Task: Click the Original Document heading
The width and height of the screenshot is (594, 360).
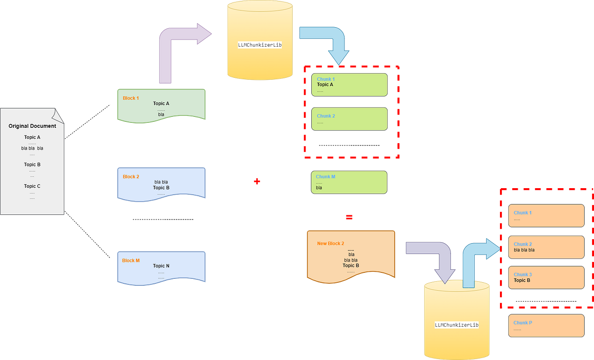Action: point(32,126)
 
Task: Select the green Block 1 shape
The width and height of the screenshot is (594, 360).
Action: point(161,104)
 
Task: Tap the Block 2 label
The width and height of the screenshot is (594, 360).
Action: point(131,177)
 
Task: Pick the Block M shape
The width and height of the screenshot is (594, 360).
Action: point(161,267)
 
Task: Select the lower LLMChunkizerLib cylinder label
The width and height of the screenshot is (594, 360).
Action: point(456,325)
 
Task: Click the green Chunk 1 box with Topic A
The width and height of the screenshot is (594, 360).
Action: point(349,85)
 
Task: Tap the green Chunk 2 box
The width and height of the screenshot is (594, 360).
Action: point(349,119)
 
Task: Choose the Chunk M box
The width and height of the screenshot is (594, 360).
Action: point(349,182)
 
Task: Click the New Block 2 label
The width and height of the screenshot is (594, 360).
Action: point(331,244)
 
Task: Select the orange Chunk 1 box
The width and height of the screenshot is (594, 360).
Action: point(546,215)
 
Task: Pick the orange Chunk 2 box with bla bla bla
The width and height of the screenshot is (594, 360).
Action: point(546,247)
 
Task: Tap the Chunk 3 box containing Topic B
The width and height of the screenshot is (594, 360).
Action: point(546,278)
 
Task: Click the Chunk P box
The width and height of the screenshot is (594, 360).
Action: point(546,325)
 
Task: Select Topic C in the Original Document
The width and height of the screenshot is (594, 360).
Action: point(32,186)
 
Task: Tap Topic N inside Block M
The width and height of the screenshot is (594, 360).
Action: point(161,266)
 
